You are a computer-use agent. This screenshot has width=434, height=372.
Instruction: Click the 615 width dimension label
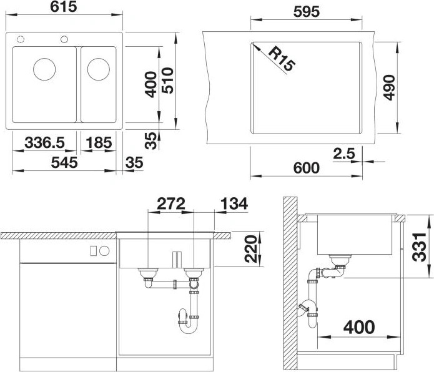click(x=64, y=7)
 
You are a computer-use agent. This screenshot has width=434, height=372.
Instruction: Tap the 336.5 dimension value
click(x=44, y=143)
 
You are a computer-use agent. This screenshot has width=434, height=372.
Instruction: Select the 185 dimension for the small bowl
click(x=99, y=143)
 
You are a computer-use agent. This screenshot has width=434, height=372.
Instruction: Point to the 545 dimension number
click(x=64, y=162)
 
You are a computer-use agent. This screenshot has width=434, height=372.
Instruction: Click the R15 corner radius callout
click(x=282, y=59)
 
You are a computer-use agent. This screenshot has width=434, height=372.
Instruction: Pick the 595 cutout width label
click(x=307, y=12)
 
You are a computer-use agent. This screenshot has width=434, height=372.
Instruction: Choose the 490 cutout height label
click(x=389, y=87)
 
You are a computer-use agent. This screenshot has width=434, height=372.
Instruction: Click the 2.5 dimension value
click(x=344, y=154)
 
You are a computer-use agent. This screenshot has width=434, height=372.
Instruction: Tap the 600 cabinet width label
click(x=307, y=168)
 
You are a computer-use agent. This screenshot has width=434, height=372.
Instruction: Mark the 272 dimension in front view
click(x=170, y=204)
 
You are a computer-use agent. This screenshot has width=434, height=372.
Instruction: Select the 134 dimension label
click(x=234, y=204)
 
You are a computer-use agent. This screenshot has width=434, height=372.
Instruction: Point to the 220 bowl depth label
click(x=251, y=248)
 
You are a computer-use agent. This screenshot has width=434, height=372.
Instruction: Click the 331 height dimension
click(x=419, y=247)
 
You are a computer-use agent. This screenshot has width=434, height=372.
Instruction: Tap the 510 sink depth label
click(x=167, y=81)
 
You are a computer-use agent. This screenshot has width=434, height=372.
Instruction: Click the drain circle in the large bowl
click(x=44, y=69)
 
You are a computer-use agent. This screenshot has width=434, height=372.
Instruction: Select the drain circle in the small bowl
click(x=99, y=69)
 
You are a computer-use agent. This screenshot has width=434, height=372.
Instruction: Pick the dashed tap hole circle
click(x=21, y=39)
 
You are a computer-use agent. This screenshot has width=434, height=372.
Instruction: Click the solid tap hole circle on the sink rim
click(x=64, y=39)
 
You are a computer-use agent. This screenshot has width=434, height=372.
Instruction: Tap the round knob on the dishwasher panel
click(x=105, y=251)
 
